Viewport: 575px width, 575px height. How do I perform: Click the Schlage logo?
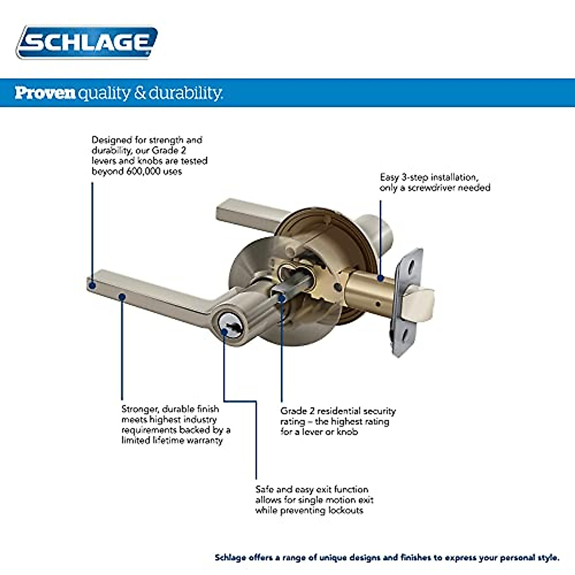click(x=87, y=42)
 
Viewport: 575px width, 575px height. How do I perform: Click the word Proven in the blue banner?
click(x=45, y=92)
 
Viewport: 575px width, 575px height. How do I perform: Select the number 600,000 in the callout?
click(x=144, y=172)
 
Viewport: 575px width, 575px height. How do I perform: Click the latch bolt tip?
click(x=422, y=300)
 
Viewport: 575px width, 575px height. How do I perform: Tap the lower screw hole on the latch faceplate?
click(x=403, y=334)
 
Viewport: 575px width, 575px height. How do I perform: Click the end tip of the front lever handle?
click(x=93, y=284)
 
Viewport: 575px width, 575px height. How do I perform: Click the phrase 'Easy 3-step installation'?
click(x=429, y=177)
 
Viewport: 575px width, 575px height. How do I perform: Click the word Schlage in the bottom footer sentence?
click(x=230, y=558)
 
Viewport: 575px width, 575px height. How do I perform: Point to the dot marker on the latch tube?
click(x=380, y=277)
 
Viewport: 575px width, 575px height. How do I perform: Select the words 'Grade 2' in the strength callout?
click(x=169, y=150)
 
